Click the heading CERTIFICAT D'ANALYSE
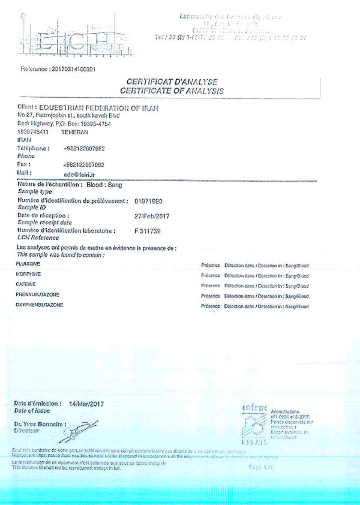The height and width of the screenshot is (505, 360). (x=172, y=82)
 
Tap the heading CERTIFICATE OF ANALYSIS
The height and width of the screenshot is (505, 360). (x=172, y=91)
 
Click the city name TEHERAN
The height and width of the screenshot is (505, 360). (x=74, y=132)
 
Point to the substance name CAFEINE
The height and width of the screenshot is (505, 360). (x=26, y=284)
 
